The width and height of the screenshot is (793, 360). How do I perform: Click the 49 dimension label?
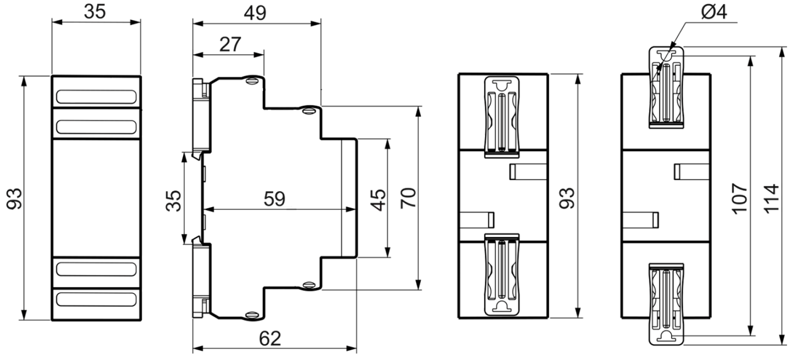(x=255, y=13)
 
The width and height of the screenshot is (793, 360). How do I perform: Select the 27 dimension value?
(x=230, y=44)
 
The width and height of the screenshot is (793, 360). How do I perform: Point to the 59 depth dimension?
(x=274, y=198)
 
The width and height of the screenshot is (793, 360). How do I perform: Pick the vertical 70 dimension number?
(x=408, y=198)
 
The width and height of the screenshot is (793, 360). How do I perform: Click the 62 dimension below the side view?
(x=270, y=339)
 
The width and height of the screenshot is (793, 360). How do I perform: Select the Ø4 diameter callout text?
(x=714, y=12)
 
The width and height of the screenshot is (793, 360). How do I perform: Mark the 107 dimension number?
(x=740, y=198)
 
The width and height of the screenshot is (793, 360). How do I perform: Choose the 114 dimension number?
(x=771, y=198)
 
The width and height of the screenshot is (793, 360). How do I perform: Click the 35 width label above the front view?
(x=95, y=12)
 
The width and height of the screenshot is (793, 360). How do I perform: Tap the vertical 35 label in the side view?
(x=174, y=200)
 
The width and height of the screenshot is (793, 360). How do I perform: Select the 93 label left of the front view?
(x=15, y=198)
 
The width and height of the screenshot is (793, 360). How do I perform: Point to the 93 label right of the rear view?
(x=567, y=198)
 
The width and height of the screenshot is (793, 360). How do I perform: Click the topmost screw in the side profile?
(x=252, y=80)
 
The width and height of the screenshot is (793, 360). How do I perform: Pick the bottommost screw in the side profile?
(x=252, y=315)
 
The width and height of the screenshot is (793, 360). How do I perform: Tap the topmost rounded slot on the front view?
(x=96, y=97)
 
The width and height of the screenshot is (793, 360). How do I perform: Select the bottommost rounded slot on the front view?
(x=96, y=299)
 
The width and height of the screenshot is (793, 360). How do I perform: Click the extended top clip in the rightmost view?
(x=667, y=87)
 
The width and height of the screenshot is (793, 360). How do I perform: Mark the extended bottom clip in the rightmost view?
(x=667, y=304)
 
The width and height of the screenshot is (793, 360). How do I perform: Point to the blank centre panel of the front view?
(x=96, y=198)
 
